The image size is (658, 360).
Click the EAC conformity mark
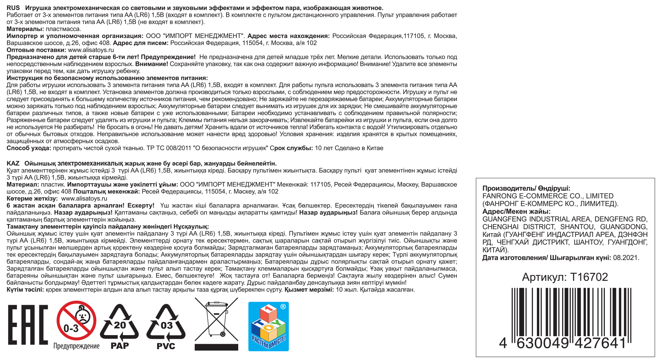(28, 325)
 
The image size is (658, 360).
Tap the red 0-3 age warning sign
(76, 321)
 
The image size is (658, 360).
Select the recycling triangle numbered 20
(119, 322)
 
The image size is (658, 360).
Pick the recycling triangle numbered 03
(166, 322)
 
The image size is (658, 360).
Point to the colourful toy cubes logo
(268, 326)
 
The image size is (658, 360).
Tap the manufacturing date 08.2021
(625, 258)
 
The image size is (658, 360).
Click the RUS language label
(13, 8)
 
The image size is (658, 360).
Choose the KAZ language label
(13, 164)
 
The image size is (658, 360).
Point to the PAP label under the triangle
(120, 346)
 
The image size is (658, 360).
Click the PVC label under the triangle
(166, 346)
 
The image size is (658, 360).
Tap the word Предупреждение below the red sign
(76, 346)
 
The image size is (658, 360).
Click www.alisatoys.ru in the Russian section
(91, 50)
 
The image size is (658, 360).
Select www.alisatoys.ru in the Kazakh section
(84, 199)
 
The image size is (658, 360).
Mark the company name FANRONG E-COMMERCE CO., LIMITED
(548, 196)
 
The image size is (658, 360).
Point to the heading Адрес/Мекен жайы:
(516, 211)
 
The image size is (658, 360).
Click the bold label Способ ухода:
(29, 148)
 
